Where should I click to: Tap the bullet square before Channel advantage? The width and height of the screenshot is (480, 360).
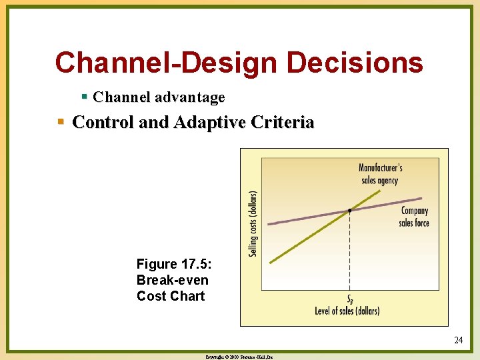pyautogui.click(x=84, y=97)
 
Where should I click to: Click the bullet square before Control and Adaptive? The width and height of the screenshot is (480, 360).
pyautogui.click(x=61, y=122)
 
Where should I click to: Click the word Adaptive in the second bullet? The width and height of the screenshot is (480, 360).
pyautogui.click(x=199, y=123)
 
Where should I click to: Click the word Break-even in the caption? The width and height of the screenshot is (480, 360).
pyautogui.click(x=172, y=280)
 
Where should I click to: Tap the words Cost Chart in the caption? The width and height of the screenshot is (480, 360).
pyautogui.click(x=171, y=296)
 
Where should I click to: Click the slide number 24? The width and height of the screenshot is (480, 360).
pyautogui.click(x=458, y=340)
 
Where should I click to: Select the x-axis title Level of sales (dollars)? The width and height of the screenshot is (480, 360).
pyautogui.click(x=347, y=311)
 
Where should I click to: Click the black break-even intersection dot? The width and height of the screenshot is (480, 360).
pyautogui.click(x=350, y=211)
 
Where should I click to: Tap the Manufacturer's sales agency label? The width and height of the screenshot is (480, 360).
pyautogui.click(x=380, y=173)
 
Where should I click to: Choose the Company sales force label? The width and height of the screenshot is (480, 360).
pyautogui.click(x=414, y=217)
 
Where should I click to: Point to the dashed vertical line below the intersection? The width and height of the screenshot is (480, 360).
pyautogui.click(x=350, y=253)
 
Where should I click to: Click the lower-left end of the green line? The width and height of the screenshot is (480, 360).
pyautogui.click(x=271, y=263)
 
